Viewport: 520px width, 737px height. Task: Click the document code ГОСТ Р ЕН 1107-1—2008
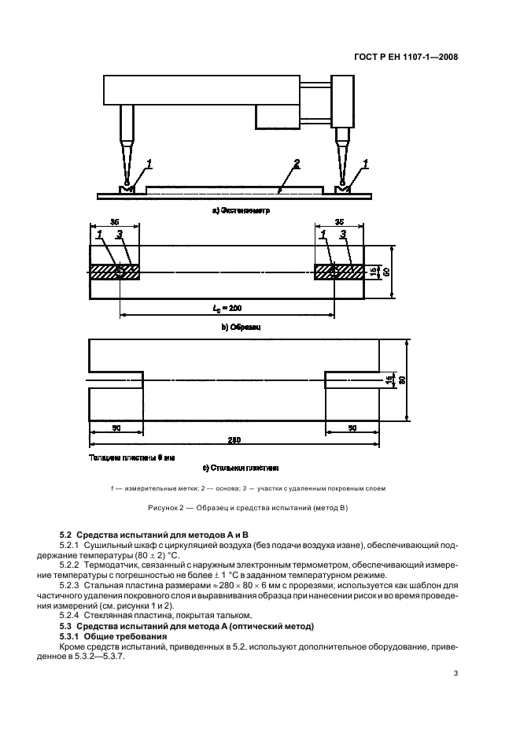[412, 57]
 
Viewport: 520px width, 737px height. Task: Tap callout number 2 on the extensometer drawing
[296, 165]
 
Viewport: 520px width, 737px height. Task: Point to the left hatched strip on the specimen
[116, 272]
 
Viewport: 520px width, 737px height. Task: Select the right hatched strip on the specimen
[339, 272]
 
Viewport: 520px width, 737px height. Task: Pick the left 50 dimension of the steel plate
[116, 427]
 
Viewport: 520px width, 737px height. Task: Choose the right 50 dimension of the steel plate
[352, 427]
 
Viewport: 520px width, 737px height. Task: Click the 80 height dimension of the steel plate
[400, 381]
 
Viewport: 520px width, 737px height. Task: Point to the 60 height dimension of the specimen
[385, 272]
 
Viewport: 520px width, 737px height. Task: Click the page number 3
[455, 672]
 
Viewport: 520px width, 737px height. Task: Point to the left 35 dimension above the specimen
[115, 223]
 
